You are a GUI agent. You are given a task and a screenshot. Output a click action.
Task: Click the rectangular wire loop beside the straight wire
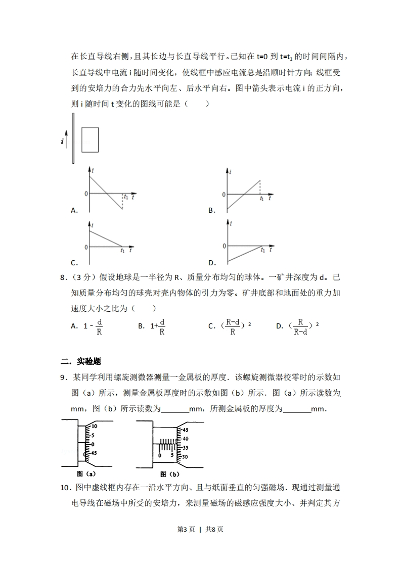(90, 139)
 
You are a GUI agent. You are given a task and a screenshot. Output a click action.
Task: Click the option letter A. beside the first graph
(74, 210)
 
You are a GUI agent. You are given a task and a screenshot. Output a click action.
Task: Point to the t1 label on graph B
(261, 199)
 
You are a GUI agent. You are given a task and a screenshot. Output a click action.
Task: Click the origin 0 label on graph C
(86, 247)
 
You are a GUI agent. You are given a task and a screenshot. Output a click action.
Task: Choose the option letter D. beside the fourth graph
(212, 263)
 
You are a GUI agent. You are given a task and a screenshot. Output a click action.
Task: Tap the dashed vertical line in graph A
(122, 202)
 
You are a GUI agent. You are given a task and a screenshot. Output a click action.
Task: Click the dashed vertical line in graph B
(260, 187)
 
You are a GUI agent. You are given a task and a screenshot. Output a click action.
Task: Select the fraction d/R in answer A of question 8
(99, 326)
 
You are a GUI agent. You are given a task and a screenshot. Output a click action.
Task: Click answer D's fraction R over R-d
(300, 326)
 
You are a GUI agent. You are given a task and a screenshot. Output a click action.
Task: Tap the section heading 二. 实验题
(81, 361)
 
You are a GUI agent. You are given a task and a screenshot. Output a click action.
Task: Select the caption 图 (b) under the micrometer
(170, 474)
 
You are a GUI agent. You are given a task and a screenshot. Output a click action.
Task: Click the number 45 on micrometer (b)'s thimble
(185, 431)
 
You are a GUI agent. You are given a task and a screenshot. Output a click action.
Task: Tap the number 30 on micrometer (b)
(185, 456)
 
